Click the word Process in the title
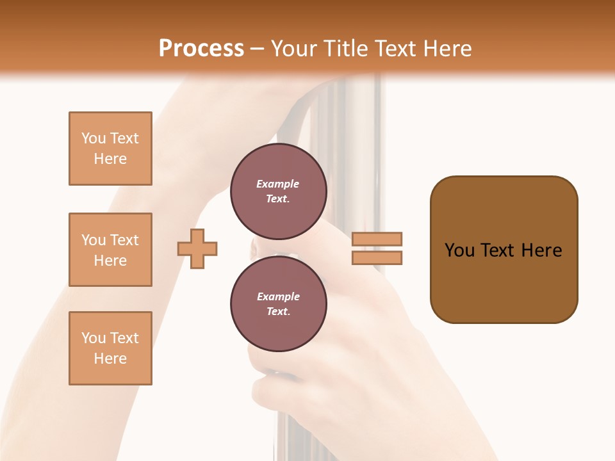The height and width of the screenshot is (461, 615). point(201,49)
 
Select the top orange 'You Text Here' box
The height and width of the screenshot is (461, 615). point(110,149)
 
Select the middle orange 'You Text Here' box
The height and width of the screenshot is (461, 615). point(110,250)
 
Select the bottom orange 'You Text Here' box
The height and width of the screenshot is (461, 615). point(110,348)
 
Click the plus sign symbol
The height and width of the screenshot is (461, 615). point(197,248)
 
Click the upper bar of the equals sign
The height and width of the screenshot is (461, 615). point(377,239)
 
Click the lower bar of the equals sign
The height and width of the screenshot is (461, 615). point(377,257)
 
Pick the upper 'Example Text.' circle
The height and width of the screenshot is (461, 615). point(278,191)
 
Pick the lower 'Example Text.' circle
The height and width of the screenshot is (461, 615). point(278,303)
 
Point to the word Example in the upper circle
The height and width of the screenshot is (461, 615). point(278,184)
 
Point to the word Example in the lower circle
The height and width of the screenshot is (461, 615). point(278,296)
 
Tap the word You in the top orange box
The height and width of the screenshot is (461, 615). point(94,138)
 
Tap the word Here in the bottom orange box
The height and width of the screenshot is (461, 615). point(110,359)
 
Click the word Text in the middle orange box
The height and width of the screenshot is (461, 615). point(124,240)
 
